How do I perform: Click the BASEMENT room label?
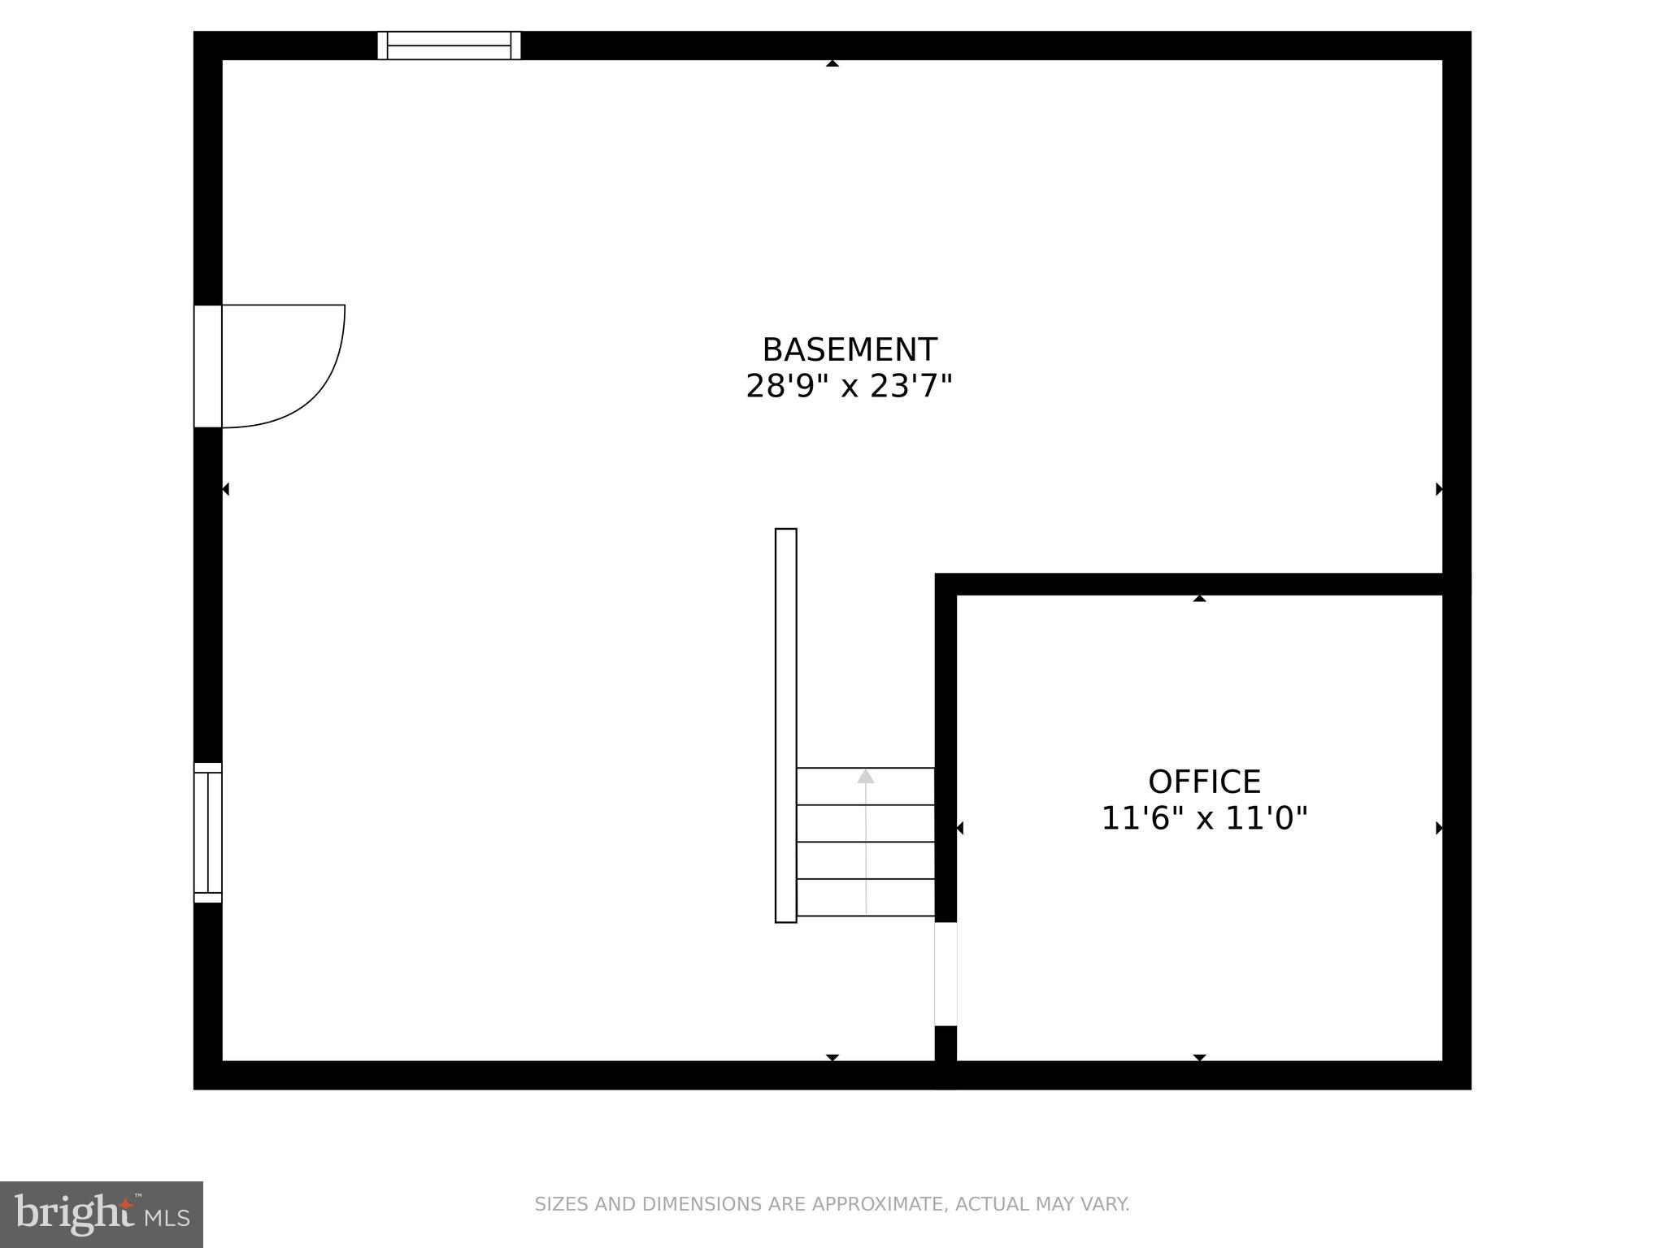pos(849,350)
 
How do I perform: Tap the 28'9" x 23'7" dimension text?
pos(849,386)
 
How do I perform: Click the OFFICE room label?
pos(1204,782)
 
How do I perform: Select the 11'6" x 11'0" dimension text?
pos(1204,818)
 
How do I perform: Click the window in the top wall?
pos(449,45)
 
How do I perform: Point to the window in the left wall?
pos(208,833)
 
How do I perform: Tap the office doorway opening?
pos(946,974)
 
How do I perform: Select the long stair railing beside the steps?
pos(785,726)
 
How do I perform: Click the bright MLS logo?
pos(102,1214)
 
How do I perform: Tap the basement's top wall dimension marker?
pos(832,63)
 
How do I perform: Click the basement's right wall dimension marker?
pos(1439,489)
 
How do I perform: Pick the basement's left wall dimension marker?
pos(226,489)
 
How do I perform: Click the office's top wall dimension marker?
pos(1199,598)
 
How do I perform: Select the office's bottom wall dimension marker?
pos(1199,1057)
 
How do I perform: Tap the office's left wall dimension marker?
pos(960,828)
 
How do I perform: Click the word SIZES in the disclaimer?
pos(561,1204)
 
